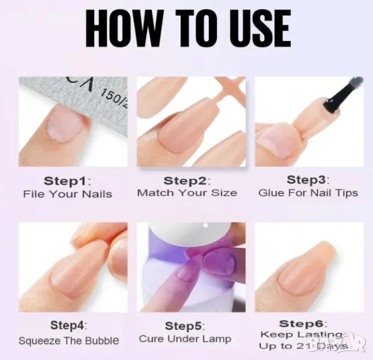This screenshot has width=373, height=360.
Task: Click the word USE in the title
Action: [259, 28]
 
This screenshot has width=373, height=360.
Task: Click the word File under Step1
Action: [34, 194]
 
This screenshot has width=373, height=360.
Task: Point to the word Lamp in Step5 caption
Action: [217, 339]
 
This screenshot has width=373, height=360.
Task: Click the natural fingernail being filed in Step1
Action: [65, 124]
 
